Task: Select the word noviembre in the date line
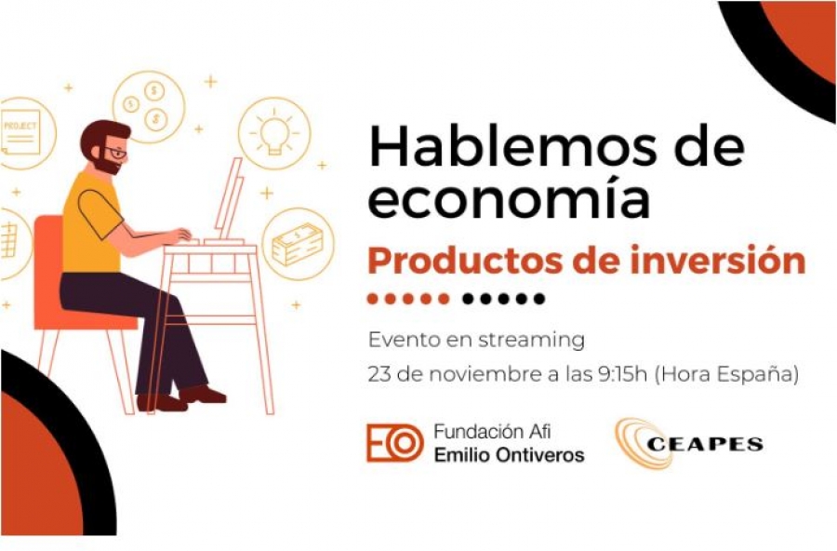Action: (485, 374)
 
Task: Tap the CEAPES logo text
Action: (705, 444)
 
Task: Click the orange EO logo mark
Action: (394, 442)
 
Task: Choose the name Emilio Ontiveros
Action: (509, 455)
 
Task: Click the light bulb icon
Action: (274, 133)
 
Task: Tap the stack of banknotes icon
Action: (298, 245)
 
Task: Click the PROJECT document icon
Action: (20, 132)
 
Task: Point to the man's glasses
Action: (115, 153)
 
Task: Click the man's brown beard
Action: (107, 164)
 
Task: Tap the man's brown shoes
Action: (181, 398)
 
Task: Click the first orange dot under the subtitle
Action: (373, 299)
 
